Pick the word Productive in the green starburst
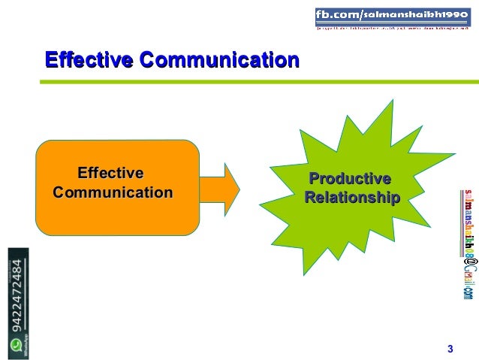tap(351, 180)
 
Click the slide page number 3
tap(450, 348)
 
